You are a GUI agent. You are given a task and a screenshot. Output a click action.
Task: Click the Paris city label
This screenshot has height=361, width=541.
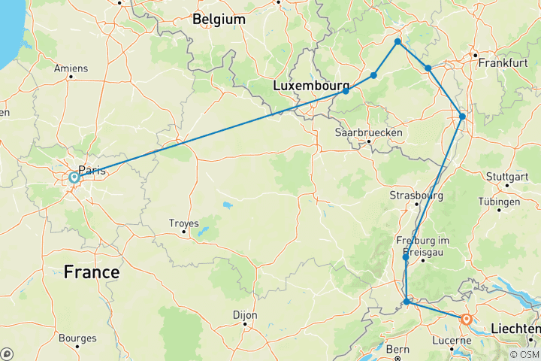pyautogui.click(x=92, y=170)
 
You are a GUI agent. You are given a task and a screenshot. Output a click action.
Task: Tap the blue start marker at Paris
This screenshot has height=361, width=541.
pyautogui.click(x=74, y=177)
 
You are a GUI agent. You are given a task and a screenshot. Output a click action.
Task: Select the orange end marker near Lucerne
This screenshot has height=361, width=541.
pyautogui.click(x=467, y=320)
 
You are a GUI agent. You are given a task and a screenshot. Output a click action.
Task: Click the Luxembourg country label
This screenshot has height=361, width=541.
pyautogui.click(x=311, y=86)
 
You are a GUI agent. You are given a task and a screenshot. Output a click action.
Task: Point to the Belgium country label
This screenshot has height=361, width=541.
pyautogui.click(x=219, y=19)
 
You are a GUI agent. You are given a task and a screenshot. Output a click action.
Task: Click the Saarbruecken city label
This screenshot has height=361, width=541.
pyautogui.click(x=369, y=132)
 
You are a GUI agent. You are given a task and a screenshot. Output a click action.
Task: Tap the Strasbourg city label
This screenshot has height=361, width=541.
pyautogui.click(x=417, y=196)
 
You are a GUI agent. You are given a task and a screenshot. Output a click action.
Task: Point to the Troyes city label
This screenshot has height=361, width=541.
pyautogui.click(x=185, y=223)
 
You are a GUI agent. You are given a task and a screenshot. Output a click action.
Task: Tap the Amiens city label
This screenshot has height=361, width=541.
pyautogui.click(x=71, y=68)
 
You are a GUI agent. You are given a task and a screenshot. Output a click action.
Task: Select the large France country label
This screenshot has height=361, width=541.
pyautogui.click(x=92, y=272)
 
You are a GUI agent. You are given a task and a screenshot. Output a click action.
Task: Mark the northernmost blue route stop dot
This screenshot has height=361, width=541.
pyautogui.click(x=397, y=41)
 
